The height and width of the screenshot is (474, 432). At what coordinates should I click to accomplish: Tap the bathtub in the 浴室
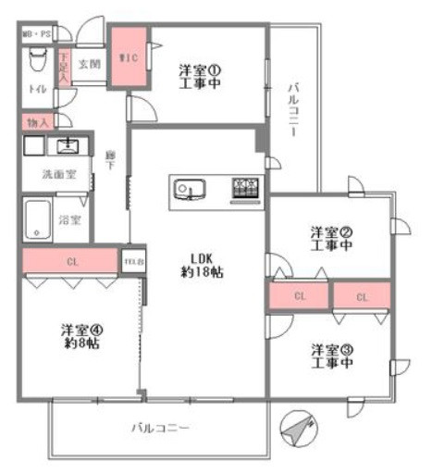click(40, 219)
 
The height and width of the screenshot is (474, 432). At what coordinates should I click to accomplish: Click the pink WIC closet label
click(129, 57)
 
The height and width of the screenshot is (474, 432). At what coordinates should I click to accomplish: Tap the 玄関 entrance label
click(90, 64)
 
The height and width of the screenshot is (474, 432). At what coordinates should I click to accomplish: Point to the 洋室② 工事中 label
click(331, 239)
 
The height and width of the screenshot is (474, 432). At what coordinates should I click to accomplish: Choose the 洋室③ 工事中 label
click(331, 355)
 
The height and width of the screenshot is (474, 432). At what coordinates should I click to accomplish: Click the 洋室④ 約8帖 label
click(81, 335)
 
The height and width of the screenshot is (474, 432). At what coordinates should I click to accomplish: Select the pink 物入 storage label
click(38, 121)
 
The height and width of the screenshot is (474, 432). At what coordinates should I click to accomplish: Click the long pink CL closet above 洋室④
click(70, 262)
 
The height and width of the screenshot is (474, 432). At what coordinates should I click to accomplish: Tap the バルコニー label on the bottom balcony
click(159, 430)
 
